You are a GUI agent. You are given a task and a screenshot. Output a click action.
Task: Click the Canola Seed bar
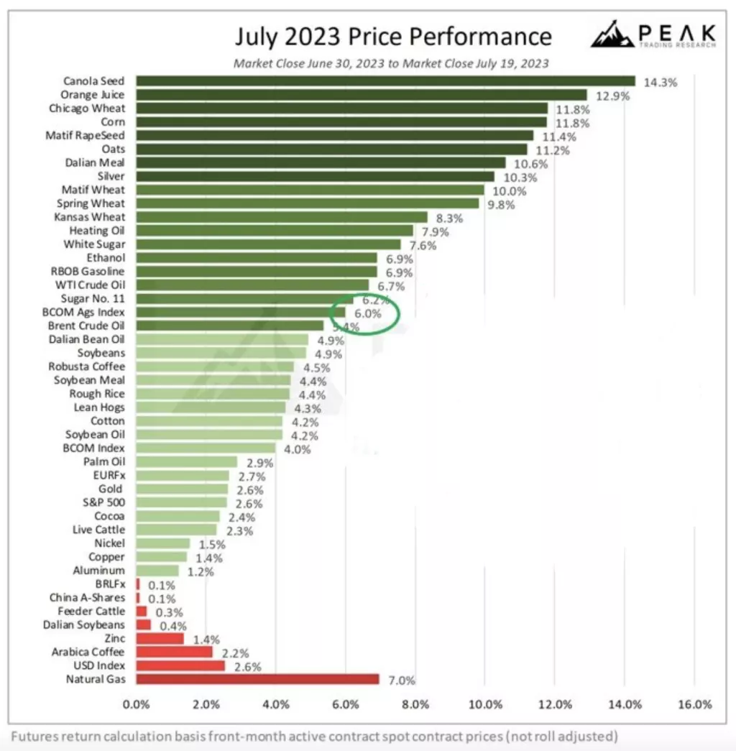[385, 81]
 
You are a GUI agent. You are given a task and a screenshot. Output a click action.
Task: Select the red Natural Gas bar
[257, 679]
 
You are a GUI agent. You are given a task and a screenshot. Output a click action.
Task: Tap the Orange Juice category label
[92, 95]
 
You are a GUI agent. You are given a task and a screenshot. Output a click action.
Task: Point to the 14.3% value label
[660, 82]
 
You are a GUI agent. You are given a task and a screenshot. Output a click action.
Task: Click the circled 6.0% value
[364, 313]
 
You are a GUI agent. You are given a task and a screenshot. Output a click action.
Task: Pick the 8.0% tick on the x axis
[415, 704]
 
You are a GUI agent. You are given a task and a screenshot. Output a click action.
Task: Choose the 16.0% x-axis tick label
[694, 704]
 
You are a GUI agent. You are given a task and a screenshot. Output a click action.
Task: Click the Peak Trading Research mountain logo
[612, 34]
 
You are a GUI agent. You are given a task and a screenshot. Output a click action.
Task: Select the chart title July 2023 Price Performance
[393, 36]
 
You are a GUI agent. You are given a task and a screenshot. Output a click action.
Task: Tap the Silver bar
[315, 176]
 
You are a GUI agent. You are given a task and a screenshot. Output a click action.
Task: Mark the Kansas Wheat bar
[281, 217]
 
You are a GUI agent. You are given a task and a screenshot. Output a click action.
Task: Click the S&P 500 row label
[106, 502]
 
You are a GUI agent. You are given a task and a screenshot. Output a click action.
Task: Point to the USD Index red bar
[180, 665]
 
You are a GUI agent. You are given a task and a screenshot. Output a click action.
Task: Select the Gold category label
[111, 489]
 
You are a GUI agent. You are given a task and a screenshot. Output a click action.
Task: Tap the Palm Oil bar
[186, 461]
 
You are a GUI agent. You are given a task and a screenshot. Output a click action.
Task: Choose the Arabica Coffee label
[88, 652]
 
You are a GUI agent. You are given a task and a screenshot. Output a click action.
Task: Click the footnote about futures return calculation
[314, 736]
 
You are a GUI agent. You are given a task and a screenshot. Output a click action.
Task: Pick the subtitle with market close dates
[391, 63]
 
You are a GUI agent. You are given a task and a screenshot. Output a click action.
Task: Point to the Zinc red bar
[160, 639]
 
